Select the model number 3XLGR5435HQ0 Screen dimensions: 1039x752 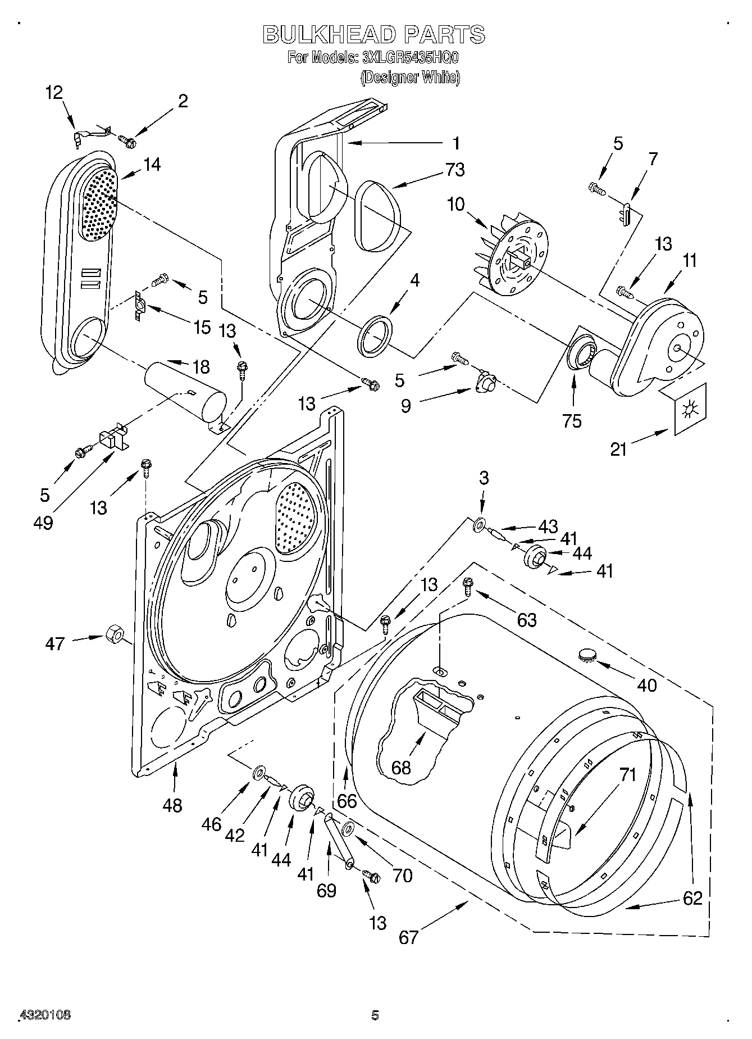[411, 57]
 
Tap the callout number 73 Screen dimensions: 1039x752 [454, 169]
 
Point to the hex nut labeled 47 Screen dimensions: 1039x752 [115, 634]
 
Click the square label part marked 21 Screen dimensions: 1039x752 [687, 409]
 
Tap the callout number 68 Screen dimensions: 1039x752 [401, 767]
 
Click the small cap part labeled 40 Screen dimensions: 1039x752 [587, 653]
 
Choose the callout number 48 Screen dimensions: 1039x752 [172, 805]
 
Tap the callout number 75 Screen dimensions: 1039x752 [572, 421]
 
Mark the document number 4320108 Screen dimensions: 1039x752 [45, 1015]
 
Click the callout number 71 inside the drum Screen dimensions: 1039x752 [628, 775]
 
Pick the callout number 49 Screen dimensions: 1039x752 [43, 523]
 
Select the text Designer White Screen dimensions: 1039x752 [409, 78]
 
